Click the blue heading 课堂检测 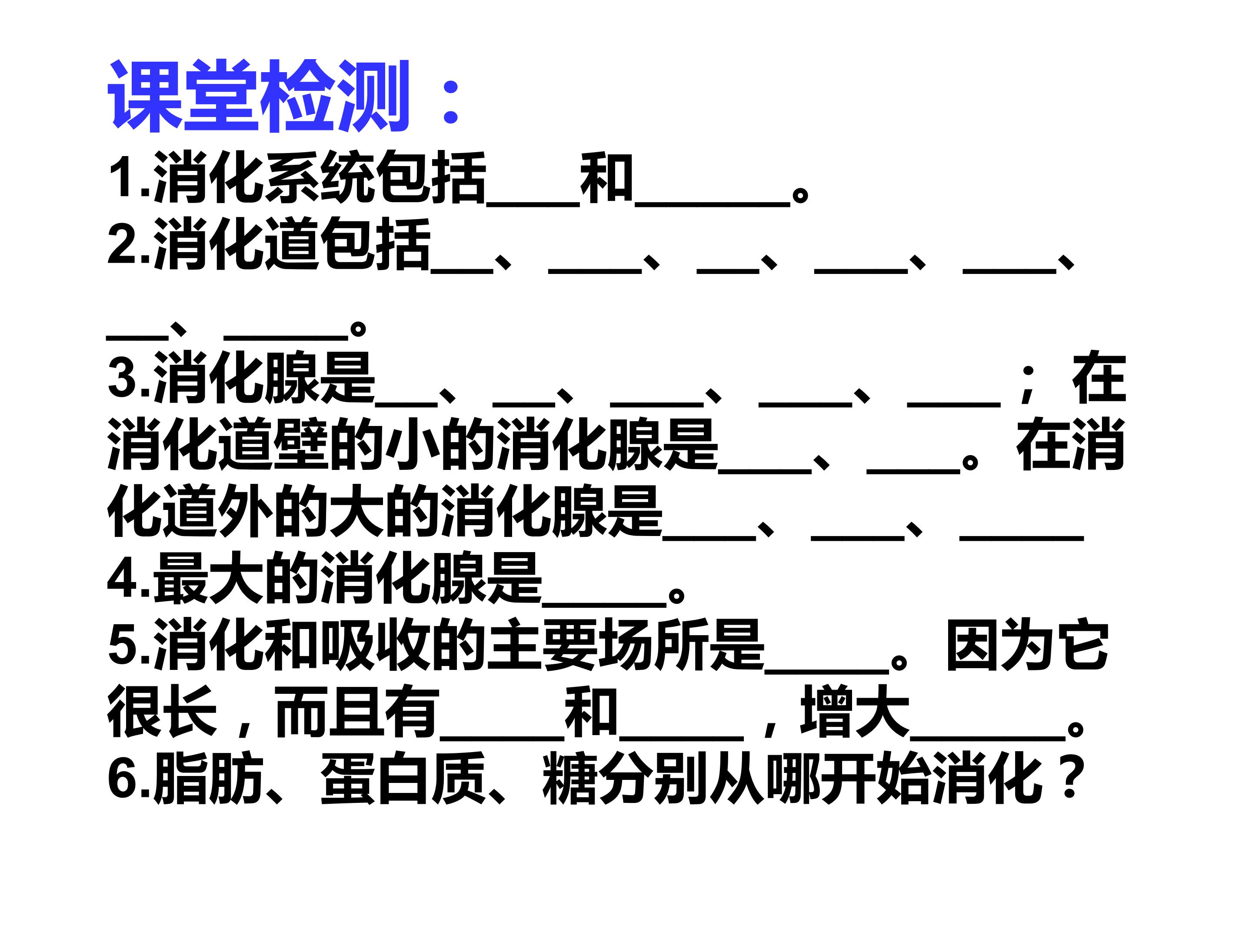258,96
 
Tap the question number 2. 122,244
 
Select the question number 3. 122,378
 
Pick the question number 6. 122,779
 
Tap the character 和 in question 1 606,178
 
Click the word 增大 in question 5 855,712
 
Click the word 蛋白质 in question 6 403,779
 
